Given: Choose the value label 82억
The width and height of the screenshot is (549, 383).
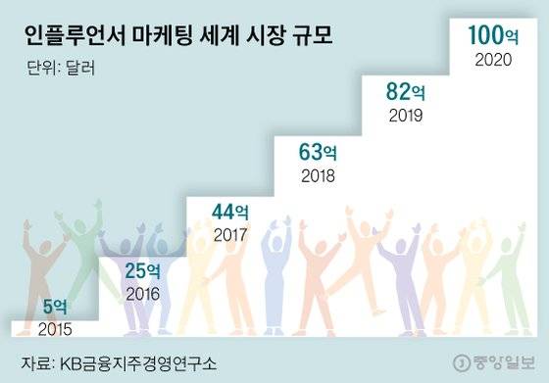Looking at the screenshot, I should point(407,95).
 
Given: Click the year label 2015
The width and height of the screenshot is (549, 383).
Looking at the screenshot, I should point(55,328).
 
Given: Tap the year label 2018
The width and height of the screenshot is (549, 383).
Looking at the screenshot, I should point(320,176).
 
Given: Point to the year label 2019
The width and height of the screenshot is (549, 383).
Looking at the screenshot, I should point(406,118).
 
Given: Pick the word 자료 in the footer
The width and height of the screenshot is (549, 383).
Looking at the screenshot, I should point(36,360).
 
